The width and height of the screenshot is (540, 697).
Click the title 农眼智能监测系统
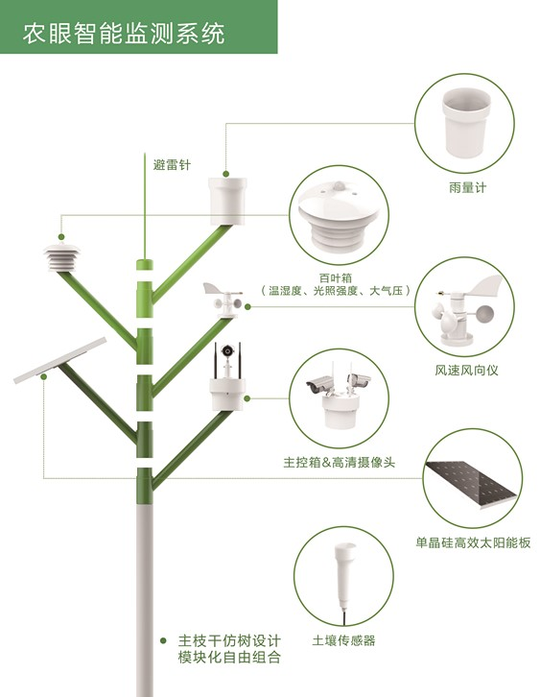(x=124, y=34)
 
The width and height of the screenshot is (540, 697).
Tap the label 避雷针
(x=172, y=165)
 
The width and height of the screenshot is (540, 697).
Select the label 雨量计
(x=468, y=187)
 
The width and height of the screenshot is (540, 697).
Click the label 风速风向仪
(x=466, y=370)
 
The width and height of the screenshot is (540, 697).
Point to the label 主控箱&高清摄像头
(x=339, y=463)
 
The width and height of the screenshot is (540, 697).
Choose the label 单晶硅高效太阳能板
(x=473, y=542)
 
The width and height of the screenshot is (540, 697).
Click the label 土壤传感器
(x=343, y=640)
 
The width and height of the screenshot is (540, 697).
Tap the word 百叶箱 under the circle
(x=336, y=278)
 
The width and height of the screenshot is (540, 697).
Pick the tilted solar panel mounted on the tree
(x=59, y=361)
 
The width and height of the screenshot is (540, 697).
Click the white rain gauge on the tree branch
(x=227, y=202)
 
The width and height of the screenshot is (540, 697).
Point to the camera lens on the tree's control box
(x=227, y=350)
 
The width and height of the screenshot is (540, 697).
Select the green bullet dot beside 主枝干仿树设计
(x=163, y=640)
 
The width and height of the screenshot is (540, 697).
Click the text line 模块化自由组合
(x=229, y=657)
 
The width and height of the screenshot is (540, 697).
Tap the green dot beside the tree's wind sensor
(x=247, y=306)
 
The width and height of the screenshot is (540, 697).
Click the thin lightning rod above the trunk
(x=145, y=205)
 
